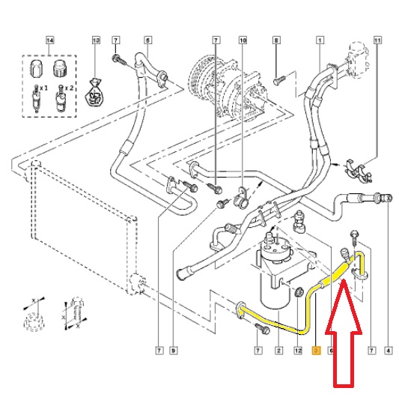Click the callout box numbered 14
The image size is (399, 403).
(x=50, y=40)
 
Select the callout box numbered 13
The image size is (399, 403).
(x=96, y=40)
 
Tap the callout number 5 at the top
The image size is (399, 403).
(x=147, y=40)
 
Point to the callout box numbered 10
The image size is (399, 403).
(x=243, y=40)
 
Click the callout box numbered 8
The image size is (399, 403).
(x=276, y=40)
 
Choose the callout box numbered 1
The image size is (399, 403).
(x=320, y=40)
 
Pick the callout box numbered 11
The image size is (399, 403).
(x=377, y=40)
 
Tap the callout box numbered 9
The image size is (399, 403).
(x=174, y=351)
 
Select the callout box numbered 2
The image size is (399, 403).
(x=278, y=351)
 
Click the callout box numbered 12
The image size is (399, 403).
(x=298, y=351)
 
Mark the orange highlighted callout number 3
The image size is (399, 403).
(x=316, y=351)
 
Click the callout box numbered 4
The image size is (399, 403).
(x=389, y=351)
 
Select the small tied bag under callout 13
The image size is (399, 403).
(x=94, y=93)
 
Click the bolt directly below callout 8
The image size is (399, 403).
(x=278, y=80)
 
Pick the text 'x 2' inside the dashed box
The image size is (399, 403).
(x=69, y=88)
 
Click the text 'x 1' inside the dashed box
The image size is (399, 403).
(x=43, y=88)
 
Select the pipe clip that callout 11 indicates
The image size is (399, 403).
(x=359, y=170)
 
